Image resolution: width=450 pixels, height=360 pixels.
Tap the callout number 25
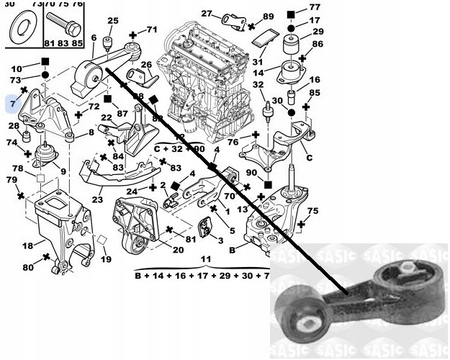113,20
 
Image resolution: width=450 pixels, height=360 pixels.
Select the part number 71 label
150,30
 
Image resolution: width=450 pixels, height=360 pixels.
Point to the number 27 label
207,14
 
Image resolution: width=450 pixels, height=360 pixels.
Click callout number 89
269,16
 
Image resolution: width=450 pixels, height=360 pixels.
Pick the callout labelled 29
318,31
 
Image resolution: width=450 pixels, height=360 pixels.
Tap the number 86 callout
318,45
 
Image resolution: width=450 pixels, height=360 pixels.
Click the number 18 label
27,246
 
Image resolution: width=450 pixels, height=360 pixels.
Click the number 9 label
63,171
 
